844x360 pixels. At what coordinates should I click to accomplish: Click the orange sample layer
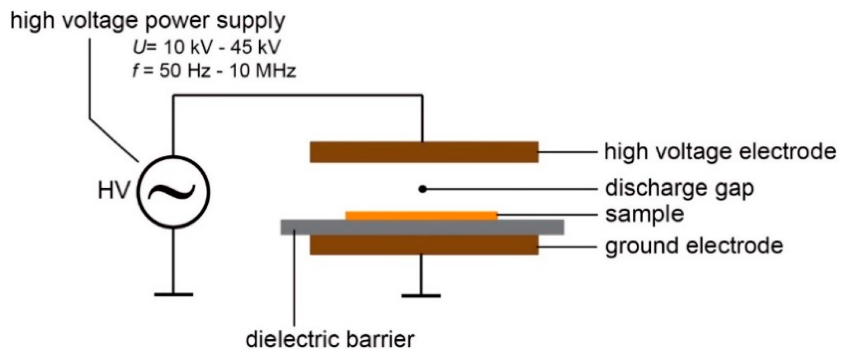click(x=421, y=216)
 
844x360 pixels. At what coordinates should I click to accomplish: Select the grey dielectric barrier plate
click(x=422, y=227)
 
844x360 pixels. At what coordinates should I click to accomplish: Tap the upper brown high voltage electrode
click(x=424, y=152)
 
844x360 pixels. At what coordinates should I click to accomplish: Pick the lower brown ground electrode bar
click(x=424, y=245)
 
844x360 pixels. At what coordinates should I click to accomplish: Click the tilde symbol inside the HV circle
click(x=172, y=192)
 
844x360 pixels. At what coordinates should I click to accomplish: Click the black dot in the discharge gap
click(x=423, y=189)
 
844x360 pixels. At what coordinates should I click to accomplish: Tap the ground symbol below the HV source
click(x=173, y=294)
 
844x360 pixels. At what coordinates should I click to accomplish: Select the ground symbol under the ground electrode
click(x=421, y=295)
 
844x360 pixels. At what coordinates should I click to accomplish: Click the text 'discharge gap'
click(x=679, y=188)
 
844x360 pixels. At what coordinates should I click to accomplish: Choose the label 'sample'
click(x=644, y=215)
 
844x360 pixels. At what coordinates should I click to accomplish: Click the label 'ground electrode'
click(x=694, y=246)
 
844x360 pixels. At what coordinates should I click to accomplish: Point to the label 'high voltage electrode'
click(x=720, y=152)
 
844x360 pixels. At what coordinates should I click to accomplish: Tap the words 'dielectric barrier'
click(x=330, y=340)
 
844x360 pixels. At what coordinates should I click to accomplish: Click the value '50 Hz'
click(x=185, y=71)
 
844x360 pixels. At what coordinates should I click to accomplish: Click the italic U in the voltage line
click(x=137, y=48)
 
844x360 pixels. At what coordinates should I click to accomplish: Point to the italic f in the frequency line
click(x=135, y=70)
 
